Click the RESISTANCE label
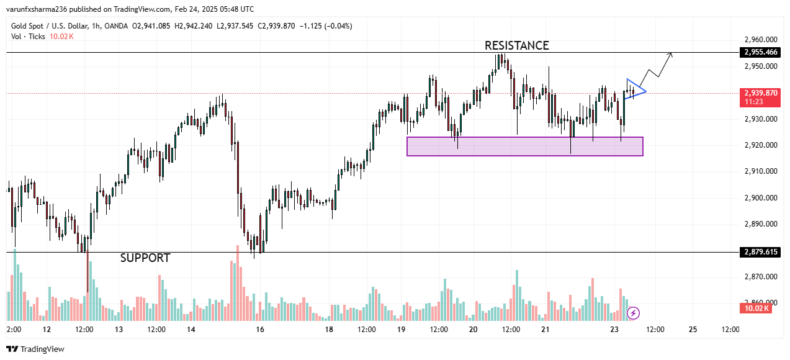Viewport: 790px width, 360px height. (516, 45)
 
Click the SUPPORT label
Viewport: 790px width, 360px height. (145, 258)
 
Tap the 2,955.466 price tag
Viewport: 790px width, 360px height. (760, 52)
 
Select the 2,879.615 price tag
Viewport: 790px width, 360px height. (760, 252)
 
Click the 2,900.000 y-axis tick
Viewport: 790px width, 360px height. (760, 198)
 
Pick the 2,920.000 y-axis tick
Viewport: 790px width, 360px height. (760, 145)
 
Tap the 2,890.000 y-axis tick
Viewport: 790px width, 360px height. (760, 224)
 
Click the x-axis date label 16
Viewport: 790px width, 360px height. (260, 330)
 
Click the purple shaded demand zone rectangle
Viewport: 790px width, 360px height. (524, 146)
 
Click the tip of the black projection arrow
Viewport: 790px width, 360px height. (672, 54)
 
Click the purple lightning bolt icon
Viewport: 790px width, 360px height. (634, 313)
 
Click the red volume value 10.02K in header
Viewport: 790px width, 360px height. (61, 37)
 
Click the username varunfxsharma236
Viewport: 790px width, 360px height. (41, 9)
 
